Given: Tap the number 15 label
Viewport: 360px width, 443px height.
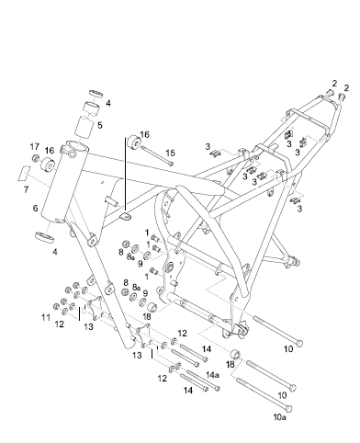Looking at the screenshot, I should point(169,152).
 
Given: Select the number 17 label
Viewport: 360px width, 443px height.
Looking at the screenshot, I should point(34,146).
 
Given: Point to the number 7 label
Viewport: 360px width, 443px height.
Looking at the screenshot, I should point(28,187).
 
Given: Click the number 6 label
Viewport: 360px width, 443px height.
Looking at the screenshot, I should point(35,210).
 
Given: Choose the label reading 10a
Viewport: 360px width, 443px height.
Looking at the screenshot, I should point(280,416).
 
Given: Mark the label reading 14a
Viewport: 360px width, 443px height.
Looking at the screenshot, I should point(212,375).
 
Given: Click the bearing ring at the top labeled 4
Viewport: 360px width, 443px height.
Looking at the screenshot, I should point(92,95).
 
